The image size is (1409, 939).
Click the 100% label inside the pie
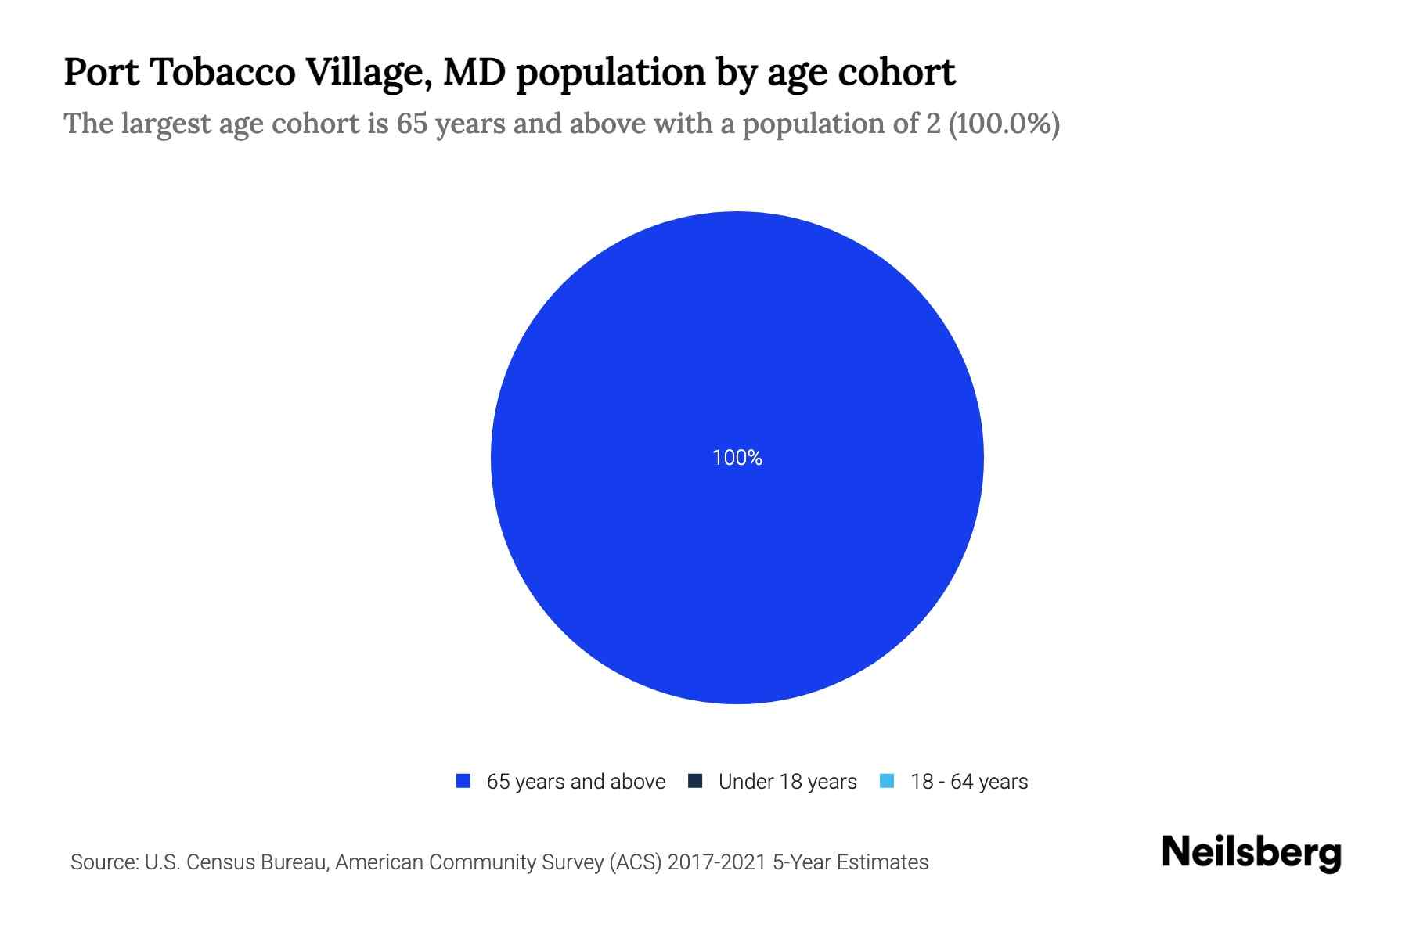[737, 458]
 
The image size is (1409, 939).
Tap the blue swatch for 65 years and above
[463, 781]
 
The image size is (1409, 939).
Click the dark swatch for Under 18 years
[695, 781]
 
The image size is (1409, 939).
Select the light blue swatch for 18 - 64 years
[887, 781]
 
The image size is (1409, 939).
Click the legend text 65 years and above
[575, 782]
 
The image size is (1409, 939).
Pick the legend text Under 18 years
[787, 782]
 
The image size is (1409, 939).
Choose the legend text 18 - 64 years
[969, 782]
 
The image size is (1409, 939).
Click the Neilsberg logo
[1251, 853]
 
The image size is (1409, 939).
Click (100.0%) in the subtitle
[1004, 124]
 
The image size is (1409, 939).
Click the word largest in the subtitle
[165, 124]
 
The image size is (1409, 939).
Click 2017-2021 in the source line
[716, 862]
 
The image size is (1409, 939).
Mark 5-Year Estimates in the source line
[850, 862]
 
